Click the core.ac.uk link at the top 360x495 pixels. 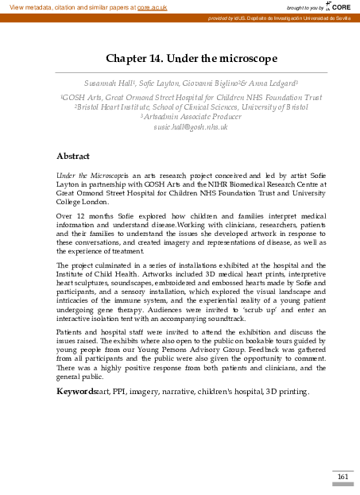[x=153, y=6]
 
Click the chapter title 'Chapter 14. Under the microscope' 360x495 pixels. [x=180, y=58]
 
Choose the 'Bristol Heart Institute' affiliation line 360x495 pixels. [x=180, y=106]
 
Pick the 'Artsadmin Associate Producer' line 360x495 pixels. [x=180, y=117]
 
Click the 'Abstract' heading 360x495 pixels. [x=73, y=156]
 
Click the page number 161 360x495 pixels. [x=343, y=477]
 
